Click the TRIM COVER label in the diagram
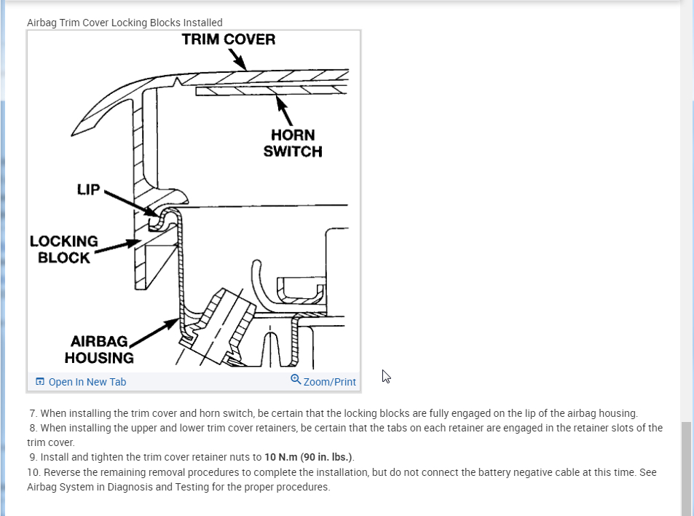pos(229,39)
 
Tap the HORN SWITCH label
pos(293,144)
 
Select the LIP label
pos(88,190)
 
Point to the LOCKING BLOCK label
pos(64,249)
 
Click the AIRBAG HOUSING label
pos(99,350)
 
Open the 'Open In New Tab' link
pos(87,382)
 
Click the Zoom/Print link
pos(329,382)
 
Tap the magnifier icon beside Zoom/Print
pos(296,380)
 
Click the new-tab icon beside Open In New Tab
pos(40,382)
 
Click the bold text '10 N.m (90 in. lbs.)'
pos(309,458)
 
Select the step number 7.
pos(33,413)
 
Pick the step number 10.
pos(33,472)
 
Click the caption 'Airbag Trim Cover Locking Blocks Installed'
pos(125,23)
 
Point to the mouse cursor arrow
pos(386,376)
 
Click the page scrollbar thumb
pos(687,466)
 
